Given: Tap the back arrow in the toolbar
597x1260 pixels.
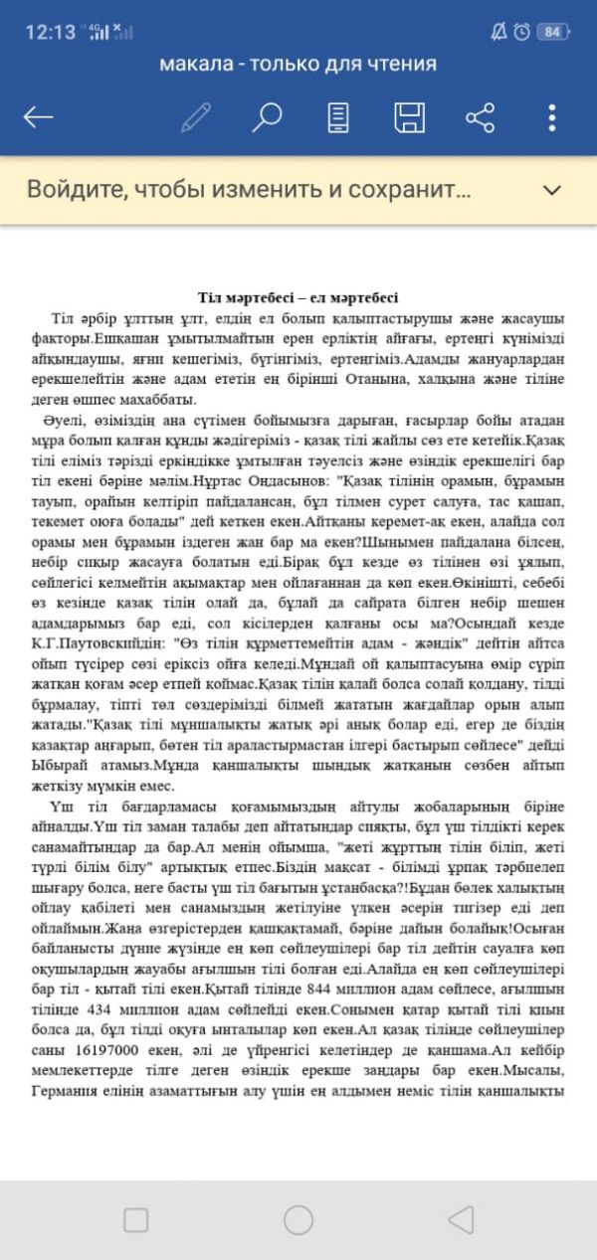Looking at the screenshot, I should tap(38, 117).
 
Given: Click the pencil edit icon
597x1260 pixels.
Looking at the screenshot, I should tap(196, 117).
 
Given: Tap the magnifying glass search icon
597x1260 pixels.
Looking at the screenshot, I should tap(266, 117).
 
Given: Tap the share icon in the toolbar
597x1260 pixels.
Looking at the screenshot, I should tap(481, 117).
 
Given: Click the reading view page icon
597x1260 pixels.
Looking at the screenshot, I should tap(338, 117).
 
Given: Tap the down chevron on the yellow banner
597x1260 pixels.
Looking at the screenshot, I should tap(551, 189).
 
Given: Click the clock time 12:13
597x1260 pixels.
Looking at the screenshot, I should tap(50, 32).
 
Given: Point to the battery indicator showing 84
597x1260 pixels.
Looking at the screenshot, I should tap(551, 32).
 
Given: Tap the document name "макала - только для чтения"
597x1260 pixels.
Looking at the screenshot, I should tap(298, 65).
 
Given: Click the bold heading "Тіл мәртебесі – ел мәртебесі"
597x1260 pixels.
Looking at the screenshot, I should tap(298, 297).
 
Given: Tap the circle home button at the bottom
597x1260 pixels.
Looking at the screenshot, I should tap(298, 1219).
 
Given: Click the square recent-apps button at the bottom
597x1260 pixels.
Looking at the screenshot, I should tap(136, 1219).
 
